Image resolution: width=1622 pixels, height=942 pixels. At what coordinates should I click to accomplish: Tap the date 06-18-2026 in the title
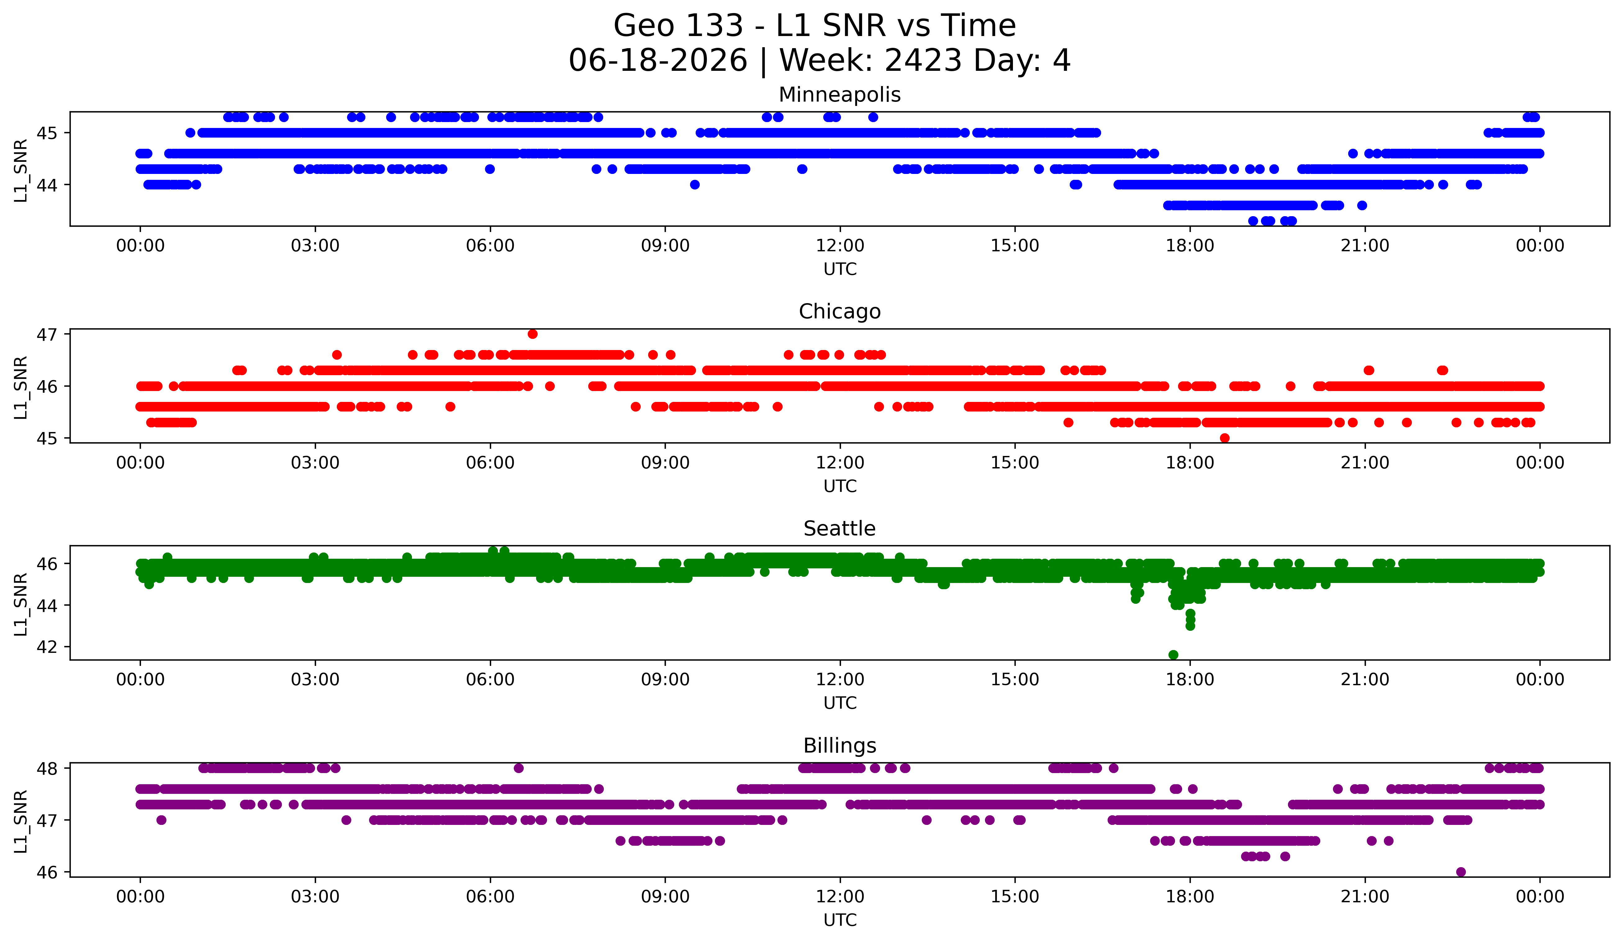click(x=658, y=61)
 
